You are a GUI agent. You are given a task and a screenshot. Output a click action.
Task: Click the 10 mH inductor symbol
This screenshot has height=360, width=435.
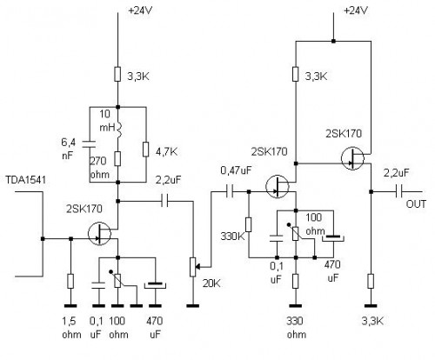(117, 132)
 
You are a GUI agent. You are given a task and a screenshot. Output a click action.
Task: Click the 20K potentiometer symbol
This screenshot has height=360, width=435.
(192, 264)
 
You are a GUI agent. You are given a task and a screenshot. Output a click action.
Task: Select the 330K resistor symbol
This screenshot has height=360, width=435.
(248, 225)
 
